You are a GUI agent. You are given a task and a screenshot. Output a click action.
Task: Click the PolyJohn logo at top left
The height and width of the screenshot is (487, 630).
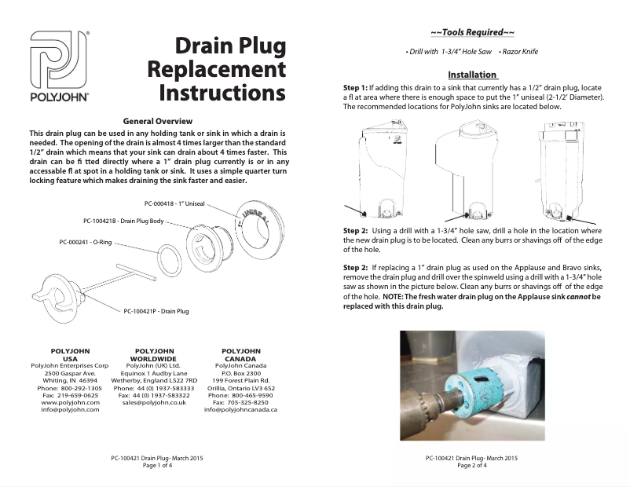[60, 67]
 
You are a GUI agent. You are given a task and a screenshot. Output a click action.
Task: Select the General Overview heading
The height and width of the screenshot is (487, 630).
[158, 122]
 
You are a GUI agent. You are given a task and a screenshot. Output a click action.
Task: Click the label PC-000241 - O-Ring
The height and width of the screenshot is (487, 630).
[85, 243]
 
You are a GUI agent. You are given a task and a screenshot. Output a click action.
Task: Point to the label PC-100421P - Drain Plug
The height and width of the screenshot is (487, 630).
[156, 311]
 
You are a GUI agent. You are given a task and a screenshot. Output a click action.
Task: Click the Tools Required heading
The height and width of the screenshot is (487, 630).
[473, 32]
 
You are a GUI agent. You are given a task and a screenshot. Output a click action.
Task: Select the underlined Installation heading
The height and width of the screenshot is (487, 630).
[473, 74]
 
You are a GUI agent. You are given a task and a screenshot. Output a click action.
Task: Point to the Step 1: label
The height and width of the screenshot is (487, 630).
[356, 86]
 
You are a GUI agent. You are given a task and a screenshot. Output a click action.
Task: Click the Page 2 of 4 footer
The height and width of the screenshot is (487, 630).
[472, 465]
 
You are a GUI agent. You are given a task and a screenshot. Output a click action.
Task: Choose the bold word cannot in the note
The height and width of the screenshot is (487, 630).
[570, 298]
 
